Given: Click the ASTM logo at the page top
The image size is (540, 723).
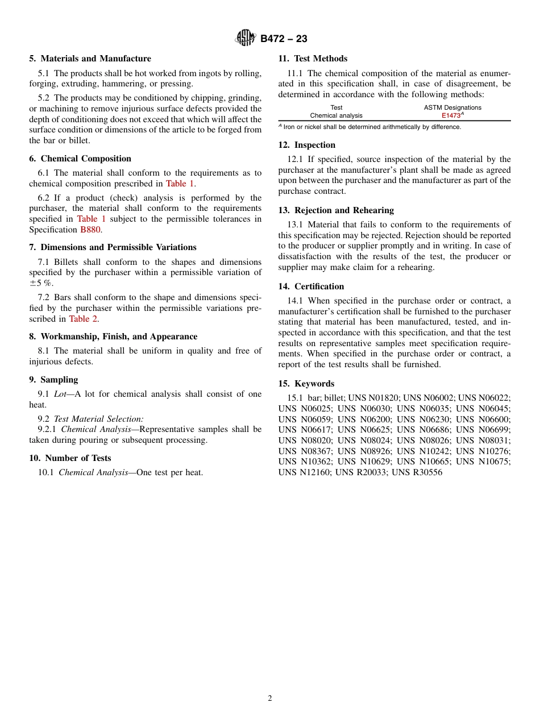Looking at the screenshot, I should (x=246, y=39).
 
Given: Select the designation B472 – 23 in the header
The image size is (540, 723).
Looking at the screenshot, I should (x=284, y=39).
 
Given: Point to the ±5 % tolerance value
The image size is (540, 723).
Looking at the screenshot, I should (x=44, y=283).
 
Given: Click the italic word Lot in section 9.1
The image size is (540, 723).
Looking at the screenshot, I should (x=60, y=394).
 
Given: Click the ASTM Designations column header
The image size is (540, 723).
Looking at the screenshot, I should (x=452, y=107).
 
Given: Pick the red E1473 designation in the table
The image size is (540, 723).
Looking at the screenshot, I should (x=451, y=115).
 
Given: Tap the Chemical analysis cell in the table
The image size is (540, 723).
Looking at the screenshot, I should (x=336, y=115).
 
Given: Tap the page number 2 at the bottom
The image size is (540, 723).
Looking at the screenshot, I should (x=270, y=699).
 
